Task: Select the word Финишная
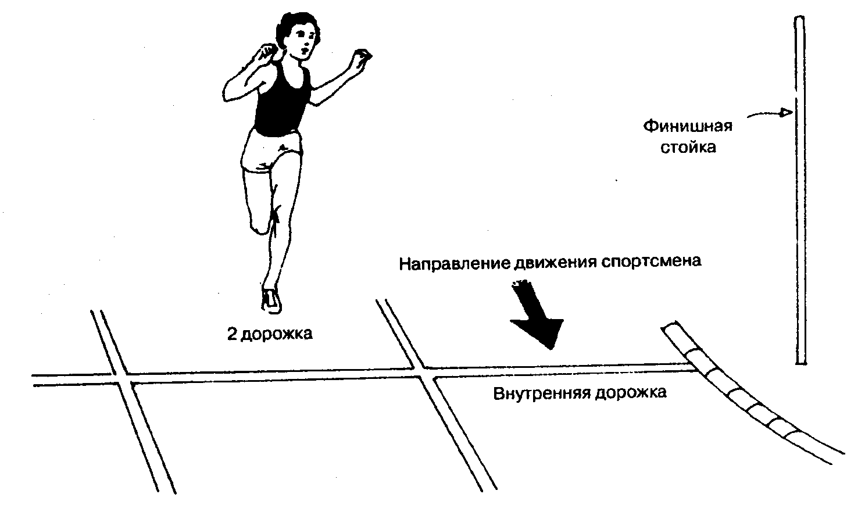click(x=687, y=126)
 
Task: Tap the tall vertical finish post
click(x=800, y=192)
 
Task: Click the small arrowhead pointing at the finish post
click(x=785, y=113)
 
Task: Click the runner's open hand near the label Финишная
click(x=362, y=58)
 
